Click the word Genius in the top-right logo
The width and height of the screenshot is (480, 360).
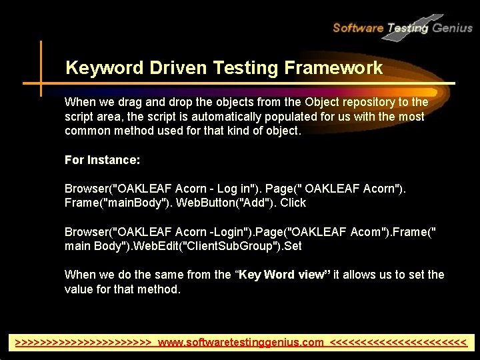point(452,28)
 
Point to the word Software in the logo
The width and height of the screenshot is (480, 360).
point(357,28)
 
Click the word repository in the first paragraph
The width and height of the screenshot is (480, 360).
point(365,103)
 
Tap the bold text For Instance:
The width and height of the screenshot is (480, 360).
point(102,160)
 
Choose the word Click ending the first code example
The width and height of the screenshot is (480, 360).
point(293,203)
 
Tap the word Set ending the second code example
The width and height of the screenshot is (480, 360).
point(293,246)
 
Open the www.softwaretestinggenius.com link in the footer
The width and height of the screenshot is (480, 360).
point(241,343)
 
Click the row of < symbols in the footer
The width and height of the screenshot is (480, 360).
point(398,343)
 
